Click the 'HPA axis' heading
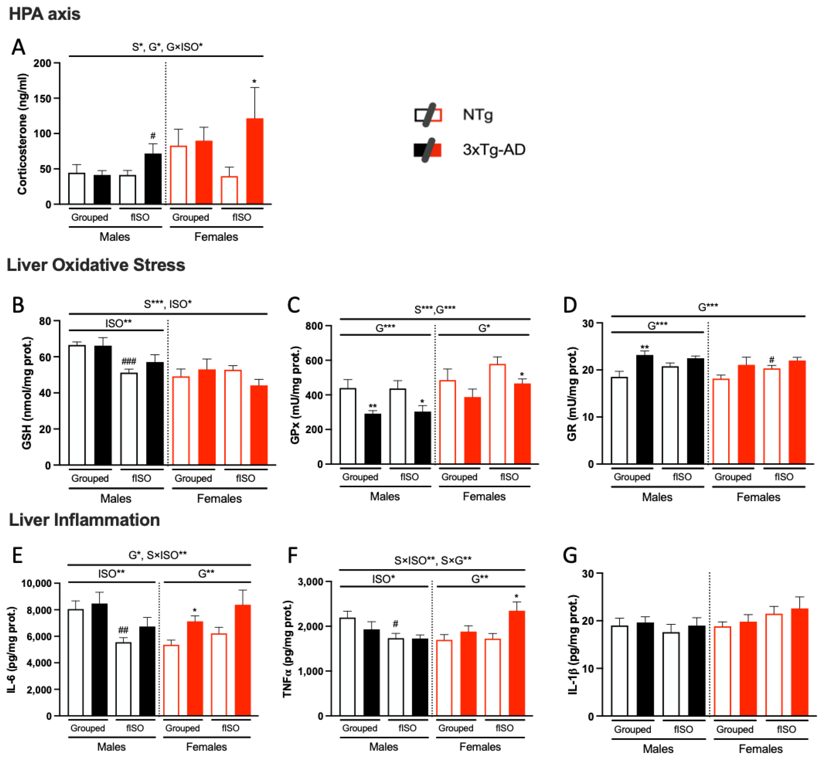point(44,14)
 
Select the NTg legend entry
point(477,115)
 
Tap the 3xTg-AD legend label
point(494,150)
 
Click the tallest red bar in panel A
point(255,161)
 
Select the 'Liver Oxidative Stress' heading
point(96,265)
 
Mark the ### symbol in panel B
point(129,361)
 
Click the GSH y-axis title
point(27,393)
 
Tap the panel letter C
point(293,305)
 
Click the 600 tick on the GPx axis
point(313,361)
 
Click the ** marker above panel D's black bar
point(644,347)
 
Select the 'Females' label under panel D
point(758,497)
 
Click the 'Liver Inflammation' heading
point(84,520)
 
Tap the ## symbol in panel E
point(123,630)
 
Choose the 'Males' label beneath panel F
point(383,747)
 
